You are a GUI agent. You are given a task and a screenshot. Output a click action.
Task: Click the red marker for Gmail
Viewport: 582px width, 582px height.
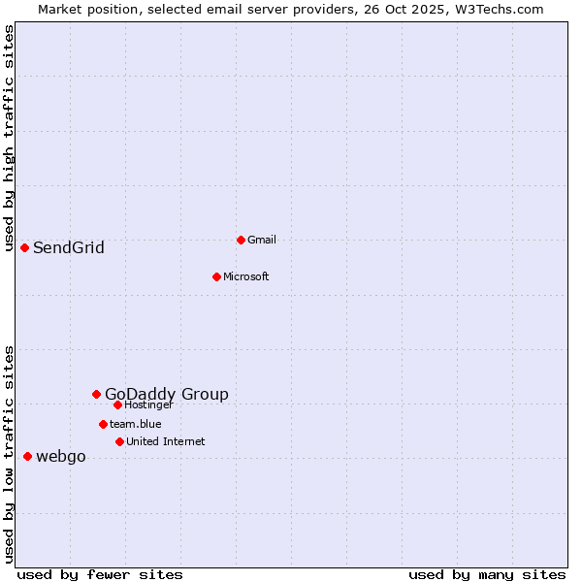[241, 240]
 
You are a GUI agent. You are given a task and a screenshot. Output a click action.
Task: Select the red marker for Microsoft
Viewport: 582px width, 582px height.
[216, 276]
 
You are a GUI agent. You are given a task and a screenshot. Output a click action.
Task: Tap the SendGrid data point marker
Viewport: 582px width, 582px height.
[24, 247]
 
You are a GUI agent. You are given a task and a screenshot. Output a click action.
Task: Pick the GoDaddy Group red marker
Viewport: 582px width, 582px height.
[96, 394]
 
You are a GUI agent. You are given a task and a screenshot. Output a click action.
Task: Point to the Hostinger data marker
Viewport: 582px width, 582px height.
[117, 404]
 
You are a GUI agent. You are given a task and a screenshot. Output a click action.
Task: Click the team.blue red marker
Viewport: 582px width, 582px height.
[103, 424]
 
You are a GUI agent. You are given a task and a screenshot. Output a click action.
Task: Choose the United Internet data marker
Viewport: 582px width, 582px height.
[119, 441]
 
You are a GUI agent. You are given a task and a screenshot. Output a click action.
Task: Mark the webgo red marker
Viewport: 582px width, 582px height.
[27, 456]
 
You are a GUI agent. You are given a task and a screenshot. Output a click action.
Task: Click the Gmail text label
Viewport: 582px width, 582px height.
[262, 240]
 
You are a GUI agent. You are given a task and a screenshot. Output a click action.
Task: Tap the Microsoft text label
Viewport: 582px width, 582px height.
[245, 276]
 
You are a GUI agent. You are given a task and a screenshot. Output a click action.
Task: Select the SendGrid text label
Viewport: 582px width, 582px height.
[68, 247]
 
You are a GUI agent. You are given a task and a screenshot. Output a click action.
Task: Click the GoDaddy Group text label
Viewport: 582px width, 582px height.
[167, 394]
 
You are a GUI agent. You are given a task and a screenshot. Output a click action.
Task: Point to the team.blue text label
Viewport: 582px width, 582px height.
[135, 424]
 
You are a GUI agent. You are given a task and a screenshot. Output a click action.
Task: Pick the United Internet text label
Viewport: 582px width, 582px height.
[165, 441]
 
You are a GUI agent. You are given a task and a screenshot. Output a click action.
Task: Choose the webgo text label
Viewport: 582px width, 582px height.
[60, 457]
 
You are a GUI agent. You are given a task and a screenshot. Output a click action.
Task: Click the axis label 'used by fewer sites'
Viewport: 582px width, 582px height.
[100, 574]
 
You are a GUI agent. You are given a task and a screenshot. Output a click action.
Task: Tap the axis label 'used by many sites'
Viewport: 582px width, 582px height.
[487, 574]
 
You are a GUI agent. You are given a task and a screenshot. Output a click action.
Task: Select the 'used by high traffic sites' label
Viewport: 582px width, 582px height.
[10, 139]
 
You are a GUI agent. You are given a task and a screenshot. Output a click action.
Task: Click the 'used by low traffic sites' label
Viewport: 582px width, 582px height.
[10, 454]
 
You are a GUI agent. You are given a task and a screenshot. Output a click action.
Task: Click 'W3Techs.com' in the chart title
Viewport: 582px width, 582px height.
[499, 9]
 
